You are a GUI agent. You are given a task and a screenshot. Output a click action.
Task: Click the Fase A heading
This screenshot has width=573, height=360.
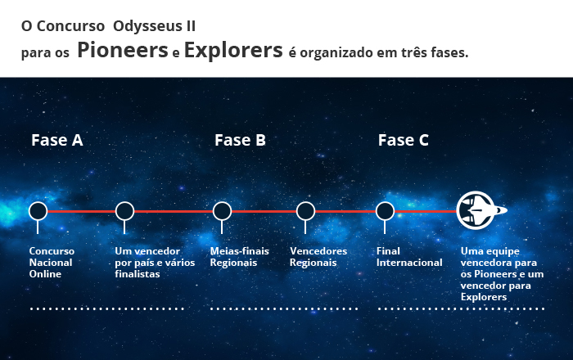coord(57,140)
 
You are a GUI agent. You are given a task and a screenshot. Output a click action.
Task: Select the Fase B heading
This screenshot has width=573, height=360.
coord(240,140)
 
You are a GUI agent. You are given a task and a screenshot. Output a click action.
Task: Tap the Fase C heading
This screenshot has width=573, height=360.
coord(403,140)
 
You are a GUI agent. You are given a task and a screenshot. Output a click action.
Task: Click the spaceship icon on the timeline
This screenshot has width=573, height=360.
coord(481,210)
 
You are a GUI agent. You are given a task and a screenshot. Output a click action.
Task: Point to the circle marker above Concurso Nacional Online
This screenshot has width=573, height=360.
coord(38,211)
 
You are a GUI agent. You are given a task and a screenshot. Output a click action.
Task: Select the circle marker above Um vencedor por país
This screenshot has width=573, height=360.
coord(124,211)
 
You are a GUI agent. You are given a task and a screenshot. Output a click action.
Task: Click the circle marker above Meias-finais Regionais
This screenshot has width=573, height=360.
coord(222,211)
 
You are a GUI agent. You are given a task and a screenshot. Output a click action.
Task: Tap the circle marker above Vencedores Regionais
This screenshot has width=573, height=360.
coord(305,211)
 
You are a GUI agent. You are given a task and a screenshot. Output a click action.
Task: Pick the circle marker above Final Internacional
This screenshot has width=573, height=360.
coord(385,211)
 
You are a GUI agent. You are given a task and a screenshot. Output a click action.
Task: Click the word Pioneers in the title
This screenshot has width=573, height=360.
coord(123,50)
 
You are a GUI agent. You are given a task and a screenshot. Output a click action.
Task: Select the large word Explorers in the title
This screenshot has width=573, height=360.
coord(233,51)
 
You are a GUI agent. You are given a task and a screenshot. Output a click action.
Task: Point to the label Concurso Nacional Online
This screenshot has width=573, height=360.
coord(52,263)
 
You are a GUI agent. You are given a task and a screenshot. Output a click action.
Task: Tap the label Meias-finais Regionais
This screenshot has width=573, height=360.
coord(239,257)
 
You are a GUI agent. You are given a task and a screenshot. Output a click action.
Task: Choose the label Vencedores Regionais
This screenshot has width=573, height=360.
coord(318,257)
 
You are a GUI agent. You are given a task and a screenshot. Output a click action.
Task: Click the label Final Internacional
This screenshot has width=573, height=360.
coord(409,257)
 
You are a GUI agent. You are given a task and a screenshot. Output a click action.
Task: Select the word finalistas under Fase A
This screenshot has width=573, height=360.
coord(138,274)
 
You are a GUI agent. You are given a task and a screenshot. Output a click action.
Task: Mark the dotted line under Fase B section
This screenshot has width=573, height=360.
coord(284,309)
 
